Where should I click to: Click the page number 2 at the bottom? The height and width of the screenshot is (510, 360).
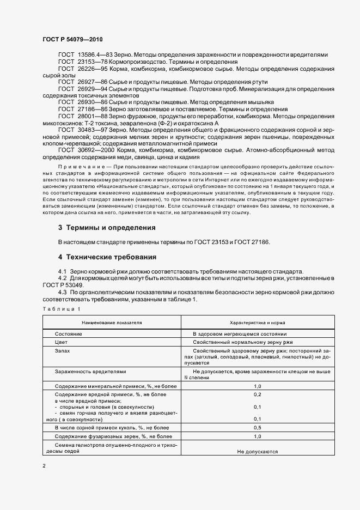(45, 466)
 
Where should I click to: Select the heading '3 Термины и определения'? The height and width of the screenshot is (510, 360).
(107, 227)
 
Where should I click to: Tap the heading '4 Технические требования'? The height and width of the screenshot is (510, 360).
(107, 257)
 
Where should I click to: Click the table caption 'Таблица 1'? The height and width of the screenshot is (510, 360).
(61, 309)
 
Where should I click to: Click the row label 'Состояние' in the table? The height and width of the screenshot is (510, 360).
(69, 333)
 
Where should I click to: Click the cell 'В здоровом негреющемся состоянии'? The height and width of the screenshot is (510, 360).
(239, 333)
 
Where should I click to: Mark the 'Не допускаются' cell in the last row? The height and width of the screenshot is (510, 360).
(258, 451)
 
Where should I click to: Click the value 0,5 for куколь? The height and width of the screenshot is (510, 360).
(258, 428)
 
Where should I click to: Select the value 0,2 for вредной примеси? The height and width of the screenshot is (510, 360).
(258, 393)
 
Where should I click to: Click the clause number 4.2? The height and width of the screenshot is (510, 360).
(62, 278)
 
